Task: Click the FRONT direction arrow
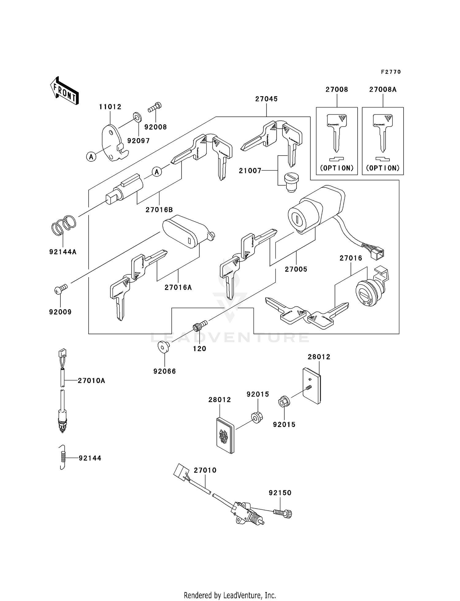pyautogui.click(x=64, y=91)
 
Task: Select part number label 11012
pyautogui.click(x=110, y=107)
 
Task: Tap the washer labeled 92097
pyautogui.click(x=137, y=117)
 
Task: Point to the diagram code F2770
pyautogui.click(x=391, y=72)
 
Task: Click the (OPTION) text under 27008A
pyautogui.click(x=383, y=168)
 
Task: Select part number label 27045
pyautogui.click(x=266, y=99)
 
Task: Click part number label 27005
pyautogui.click(x=296, y=269)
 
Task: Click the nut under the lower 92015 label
pyautogui.click(x=283, y=402)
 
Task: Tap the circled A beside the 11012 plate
pyautogui.click(x=91, y=157)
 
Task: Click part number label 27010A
pyautogui.click(x=91, y=381)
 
